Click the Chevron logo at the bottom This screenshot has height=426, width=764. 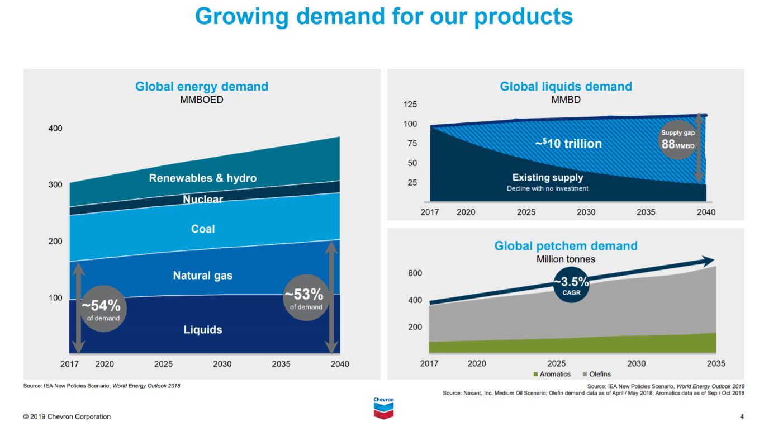383,408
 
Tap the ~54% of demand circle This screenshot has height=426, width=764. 103,309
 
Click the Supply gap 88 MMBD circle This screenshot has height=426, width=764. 678,140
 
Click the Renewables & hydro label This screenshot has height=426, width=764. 203,178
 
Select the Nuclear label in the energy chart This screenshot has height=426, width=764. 203,200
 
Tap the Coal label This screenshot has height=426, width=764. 203,229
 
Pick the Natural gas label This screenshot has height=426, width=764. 203,276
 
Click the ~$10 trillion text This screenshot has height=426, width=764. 568,144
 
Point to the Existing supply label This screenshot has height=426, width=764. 548,178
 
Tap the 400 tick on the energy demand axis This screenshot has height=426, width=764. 55,129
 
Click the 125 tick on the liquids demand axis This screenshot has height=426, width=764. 410,105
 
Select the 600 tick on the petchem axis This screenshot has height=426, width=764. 415,273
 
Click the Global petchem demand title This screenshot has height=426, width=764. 566,246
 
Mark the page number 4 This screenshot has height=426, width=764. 742,416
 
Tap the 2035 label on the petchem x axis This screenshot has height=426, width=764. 716,363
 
